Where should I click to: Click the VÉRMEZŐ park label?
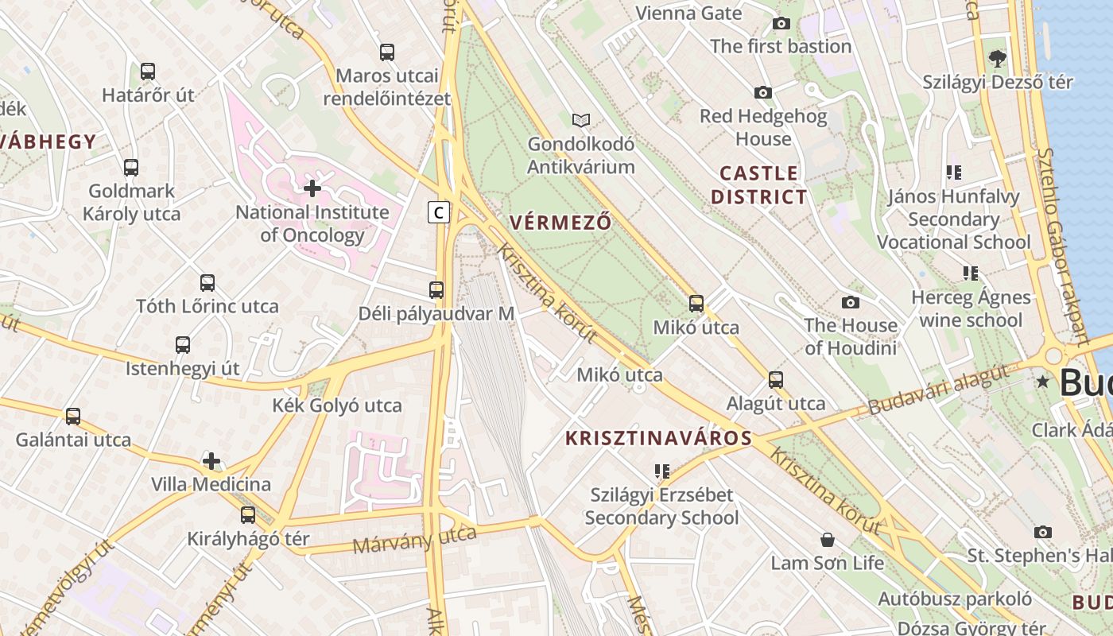(x=561, y=223)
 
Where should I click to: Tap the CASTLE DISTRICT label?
(x=758, y=184)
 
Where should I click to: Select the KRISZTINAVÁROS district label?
(x=658, y=438)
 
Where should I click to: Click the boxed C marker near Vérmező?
(x=438, y=212)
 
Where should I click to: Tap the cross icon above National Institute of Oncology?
(x=312, y=188)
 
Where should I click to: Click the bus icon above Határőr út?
(x=148, y=72)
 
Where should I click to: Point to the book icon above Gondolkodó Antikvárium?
(x=581, y=120)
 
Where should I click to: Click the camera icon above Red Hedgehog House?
(x=762, y=93)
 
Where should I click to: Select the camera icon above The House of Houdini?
(x=851, y=302)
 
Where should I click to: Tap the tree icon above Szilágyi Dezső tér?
(x=997, y=58)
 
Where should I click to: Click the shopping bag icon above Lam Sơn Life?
(x=828, y=540)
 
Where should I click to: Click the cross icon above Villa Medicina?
(x=211, y=461)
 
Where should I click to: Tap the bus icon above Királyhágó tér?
(x=248, y=514)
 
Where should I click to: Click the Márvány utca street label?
(x=414, y=541)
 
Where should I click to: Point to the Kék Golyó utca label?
(x=337, y=405)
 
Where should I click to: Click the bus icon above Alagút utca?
(x=776, y=380)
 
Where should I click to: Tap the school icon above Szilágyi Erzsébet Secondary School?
(x=661, y=471)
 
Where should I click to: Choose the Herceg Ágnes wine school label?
(x=970, y=308)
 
